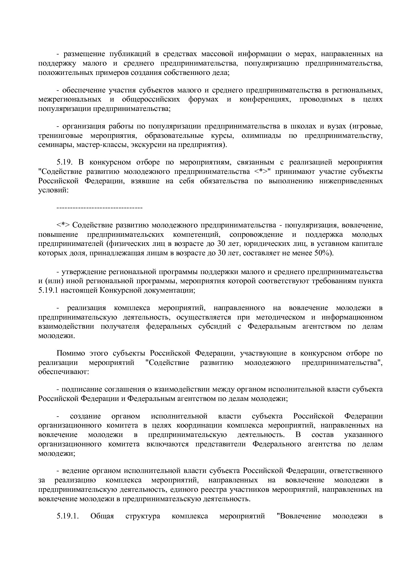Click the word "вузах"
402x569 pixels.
click(x=335, y=126)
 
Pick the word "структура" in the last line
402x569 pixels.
click(x=143, y=516)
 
